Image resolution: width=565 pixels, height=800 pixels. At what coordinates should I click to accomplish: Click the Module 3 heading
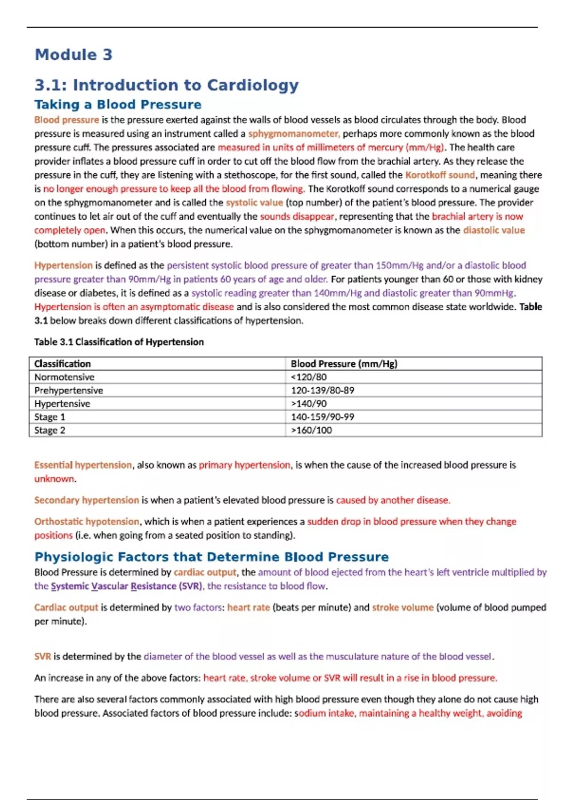click(73, 55)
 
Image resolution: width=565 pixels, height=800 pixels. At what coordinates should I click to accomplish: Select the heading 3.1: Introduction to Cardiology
click(166, 85)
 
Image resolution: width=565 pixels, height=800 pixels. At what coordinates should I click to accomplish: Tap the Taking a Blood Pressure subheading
click(118, 104)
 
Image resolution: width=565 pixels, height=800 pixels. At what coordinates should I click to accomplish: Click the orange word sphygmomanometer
click(293, 134)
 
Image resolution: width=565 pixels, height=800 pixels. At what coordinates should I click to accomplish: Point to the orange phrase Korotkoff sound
click(440, 175)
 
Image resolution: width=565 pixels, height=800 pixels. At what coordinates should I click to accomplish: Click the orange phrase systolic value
click(254, 203)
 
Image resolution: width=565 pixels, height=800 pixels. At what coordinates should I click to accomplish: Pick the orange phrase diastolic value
click(493, 230)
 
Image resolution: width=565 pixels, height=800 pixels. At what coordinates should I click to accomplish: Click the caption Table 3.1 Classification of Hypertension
click(119, 342)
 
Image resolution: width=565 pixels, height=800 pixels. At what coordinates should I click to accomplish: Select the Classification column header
click(63, 364)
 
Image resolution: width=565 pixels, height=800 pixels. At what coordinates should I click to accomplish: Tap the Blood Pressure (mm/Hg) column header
click(344, 364)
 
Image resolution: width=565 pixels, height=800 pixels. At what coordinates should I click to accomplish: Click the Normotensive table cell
click(65, 377)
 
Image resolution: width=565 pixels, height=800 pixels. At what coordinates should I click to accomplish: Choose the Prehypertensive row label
click(69, 390)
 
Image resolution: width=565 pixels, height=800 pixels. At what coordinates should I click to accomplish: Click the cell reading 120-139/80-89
click(323, 390)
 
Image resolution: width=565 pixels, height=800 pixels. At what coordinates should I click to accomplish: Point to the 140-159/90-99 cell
click(323, 417)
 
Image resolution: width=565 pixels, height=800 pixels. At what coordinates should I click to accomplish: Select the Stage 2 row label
click(50, 430)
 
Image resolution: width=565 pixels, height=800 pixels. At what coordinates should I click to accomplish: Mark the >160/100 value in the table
click(311, 430)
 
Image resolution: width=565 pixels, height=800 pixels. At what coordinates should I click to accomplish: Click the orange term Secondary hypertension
click(87, 500)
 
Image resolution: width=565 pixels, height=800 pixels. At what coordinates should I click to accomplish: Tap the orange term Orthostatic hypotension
click(87, 521)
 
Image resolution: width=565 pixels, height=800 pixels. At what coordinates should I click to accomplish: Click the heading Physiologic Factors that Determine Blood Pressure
click(211, 557)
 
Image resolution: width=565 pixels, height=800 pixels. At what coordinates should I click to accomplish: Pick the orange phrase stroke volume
click(403, 608)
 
